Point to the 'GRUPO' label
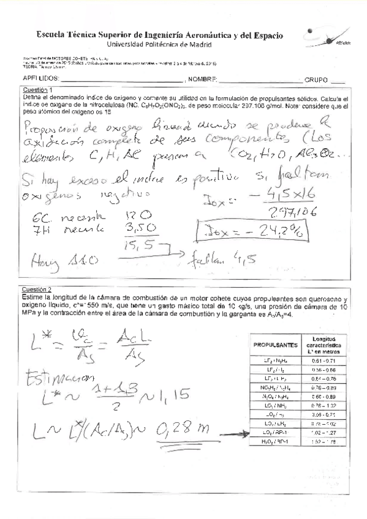coord(316,80)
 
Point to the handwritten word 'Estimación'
coord(53,378)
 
